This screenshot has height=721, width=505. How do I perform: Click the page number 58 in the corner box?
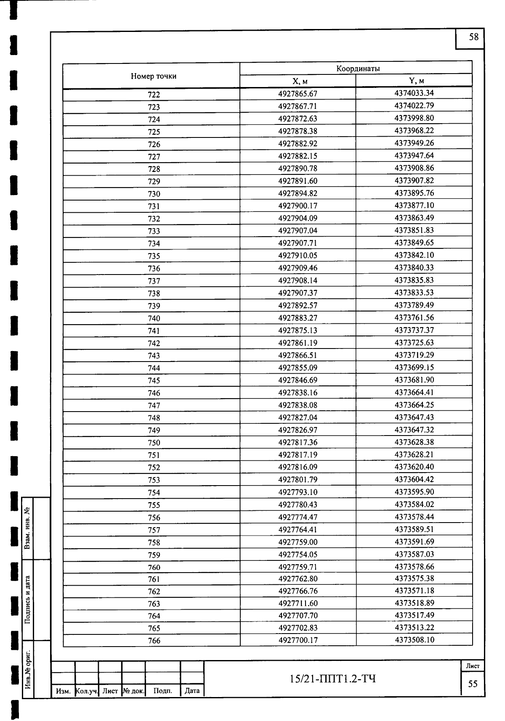click(473, 37)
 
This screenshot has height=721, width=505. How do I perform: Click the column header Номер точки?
click(154, 76)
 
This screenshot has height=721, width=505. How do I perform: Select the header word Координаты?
click(358, 69)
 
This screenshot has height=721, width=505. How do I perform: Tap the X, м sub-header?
click(298, 81)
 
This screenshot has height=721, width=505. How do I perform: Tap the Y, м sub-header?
click(414, 81)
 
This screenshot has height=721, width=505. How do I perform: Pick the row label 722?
click(154, 95)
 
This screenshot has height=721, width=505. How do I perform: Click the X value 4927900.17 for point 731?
click(298, 206)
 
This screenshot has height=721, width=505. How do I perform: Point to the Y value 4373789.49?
click(414, 305)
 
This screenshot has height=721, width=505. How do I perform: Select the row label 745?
click(154, 380)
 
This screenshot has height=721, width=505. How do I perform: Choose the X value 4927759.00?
click(298, 542)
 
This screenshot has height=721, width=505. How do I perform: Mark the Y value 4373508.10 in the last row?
click(414, 640)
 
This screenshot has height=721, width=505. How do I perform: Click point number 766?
click(154, 641)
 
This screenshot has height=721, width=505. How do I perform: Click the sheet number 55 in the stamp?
click(473, 684)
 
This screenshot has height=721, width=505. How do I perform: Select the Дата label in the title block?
click(192, 691)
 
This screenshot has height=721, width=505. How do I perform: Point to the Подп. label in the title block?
click(163, 691)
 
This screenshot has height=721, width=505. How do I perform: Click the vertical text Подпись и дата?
click(27, 600)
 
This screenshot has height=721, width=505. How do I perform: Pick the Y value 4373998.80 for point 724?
click(414, 118)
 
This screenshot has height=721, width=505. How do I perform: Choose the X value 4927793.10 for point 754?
click(298, 492)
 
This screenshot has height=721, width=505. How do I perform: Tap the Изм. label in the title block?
click(63, 691)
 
